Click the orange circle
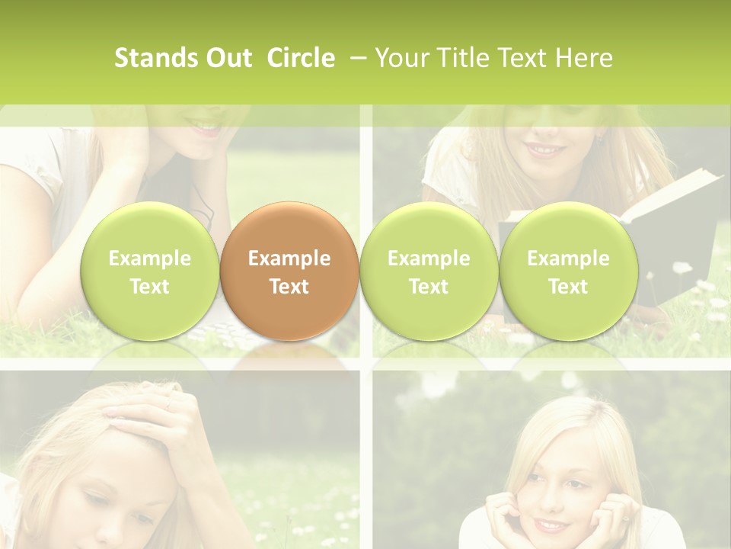click(289, 271)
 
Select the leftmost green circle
click(150, 271)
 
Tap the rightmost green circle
click(568, 271)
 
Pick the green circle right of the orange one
click(429, 271)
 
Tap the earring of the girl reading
click(599, 139)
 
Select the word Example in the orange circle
click(289, 258)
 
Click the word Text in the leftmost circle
click(150, 287)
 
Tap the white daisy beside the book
click(681, 268)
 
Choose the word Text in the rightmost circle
click(568, 287)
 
